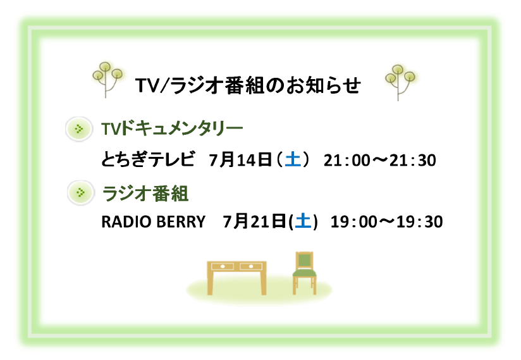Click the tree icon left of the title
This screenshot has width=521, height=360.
[x=107, y=80]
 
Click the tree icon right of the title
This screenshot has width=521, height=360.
[x=400, y=82]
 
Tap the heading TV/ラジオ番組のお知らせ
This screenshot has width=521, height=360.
[x=248, y=85]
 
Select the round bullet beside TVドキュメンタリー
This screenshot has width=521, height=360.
[x=79, y=129]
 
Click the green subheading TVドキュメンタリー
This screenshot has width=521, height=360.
[x=172, y=128]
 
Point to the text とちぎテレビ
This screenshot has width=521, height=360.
[x=148, y=159]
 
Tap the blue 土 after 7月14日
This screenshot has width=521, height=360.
[x=293, y=159]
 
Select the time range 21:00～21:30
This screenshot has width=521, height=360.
[x=380, y=160]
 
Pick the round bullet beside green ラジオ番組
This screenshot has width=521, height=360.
[x=81, y=192]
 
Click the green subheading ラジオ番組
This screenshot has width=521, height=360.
[x=145, y=193]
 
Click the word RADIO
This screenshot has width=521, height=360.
[x=126, y=221]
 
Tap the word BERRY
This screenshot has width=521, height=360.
[x=181, y=221]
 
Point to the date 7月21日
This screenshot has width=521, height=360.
[x=254, y=221]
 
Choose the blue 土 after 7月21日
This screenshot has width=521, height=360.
[x=303, y=221]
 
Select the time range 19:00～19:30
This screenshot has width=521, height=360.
[x=386, y=221]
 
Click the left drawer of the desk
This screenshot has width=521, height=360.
[x=223, y=266]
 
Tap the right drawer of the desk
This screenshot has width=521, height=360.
[x=251, y=266]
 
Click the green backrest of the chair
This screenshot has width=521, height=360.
[x=304, y=261]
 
